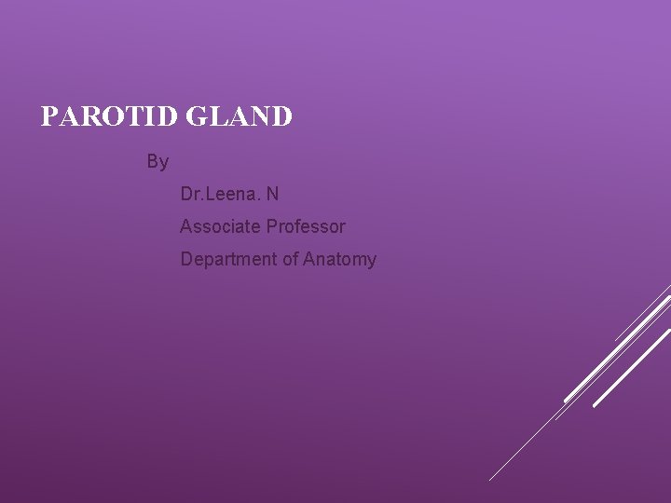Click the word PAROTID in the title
click(x=111, y=117)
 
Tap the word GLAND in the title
click(x=240, y=117)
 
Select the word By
click(x=157, y=162)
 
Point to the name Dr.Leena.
click(x=220, y=195)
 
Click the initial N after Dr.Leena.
click(x=272, y=195)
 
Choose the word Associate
click(x=221, y=226)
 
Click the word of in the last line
click(x=290, y=259)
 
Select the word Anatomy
click(x=340, y=260)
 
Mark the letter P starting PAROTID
click(x=50, y=117)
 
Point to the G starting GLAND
click(x=197, y=117)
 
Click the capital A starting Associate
click(x=186, y=226)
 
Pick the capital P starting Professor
click(x=272, y=226)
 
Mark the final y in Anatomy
click(x=372, y=262)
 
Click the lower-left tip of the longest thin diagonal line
click(x=490, y=480)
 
